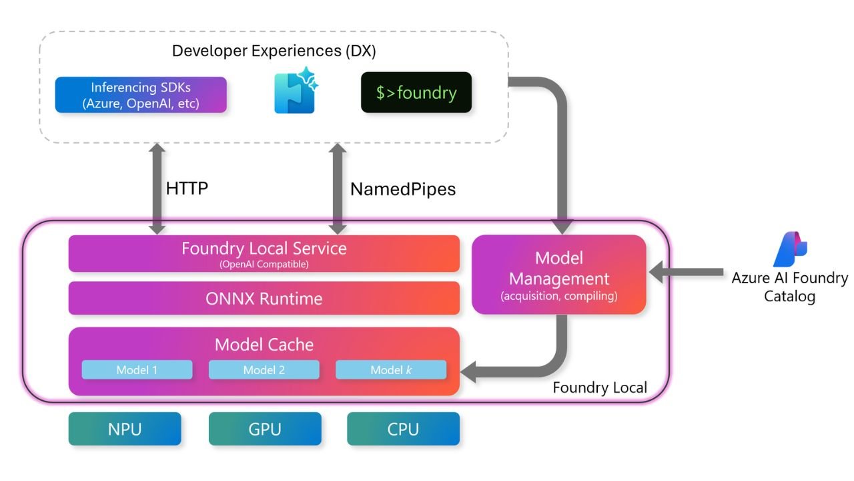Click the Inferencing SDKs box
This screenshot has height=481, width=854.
(141, 95)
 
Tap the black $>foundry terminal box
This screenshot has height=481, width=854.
(416, 92)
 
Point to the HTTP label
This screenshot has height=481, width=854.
(187, 188)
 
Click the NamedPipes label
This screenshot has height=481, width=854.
(403, 189)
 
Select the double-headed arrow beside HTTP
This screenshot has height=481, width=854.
(157, 188)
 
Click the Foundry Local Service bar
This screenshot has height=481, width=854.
(264, 253)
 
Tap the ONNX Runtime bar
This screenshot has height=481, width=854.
(264, 298)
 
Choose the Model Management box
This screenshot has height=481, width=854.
(559, 275)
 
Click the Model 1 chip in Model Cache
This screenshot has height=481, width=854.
(137, 370)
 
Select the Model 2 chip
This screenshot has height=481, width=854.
(264, 370)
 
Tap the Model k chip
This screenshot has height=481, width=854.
(391, 370)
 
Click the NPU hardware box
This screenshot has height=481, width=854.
(125, 428)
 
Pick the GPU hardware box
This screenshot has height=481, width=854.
(265, 428)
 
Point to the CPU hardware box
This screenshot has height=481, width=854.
(403, 428)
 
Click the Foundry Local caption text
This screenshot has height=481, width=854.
(600, 387)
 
